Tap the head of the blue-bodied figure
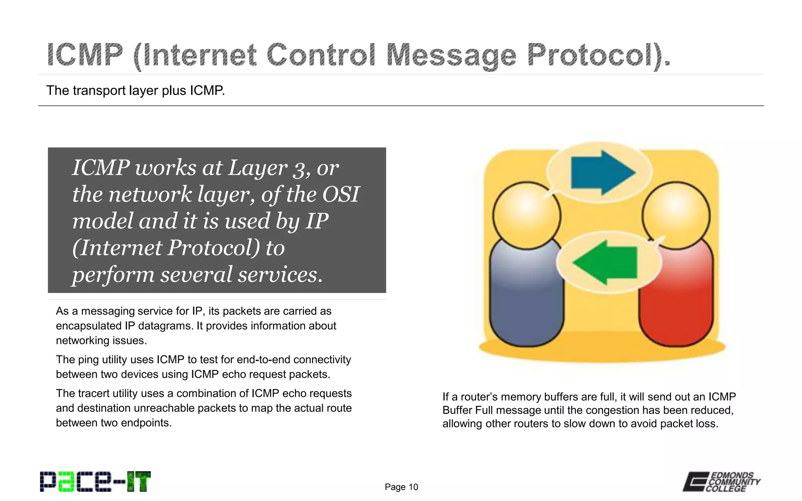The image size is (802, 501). pos(527,215)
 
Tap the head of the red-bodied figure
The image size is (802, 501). pos(676,215)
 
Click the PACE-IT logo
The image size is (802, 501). pos(95,481)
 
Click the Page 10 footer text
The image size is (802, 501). pos(401,487)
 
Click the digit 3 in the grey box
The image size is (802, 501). pos(299,169)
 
